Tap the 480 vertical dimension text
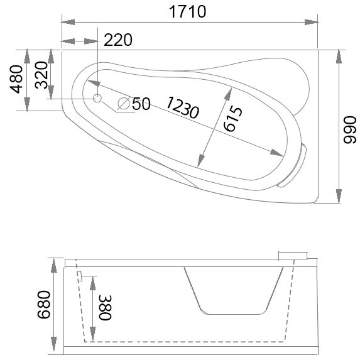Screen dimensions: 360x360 [17, 79]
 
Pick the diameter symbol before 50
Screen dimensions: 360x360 [124, 103]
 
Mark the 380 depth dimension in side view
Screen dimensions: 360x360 [104, 308]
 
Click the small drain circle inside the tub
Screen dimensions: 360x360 [97, 98]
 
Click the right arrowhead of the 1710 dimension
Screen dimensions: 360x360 [312, 23]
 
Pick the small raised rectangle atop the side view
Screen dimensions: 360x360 [293, 254]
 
